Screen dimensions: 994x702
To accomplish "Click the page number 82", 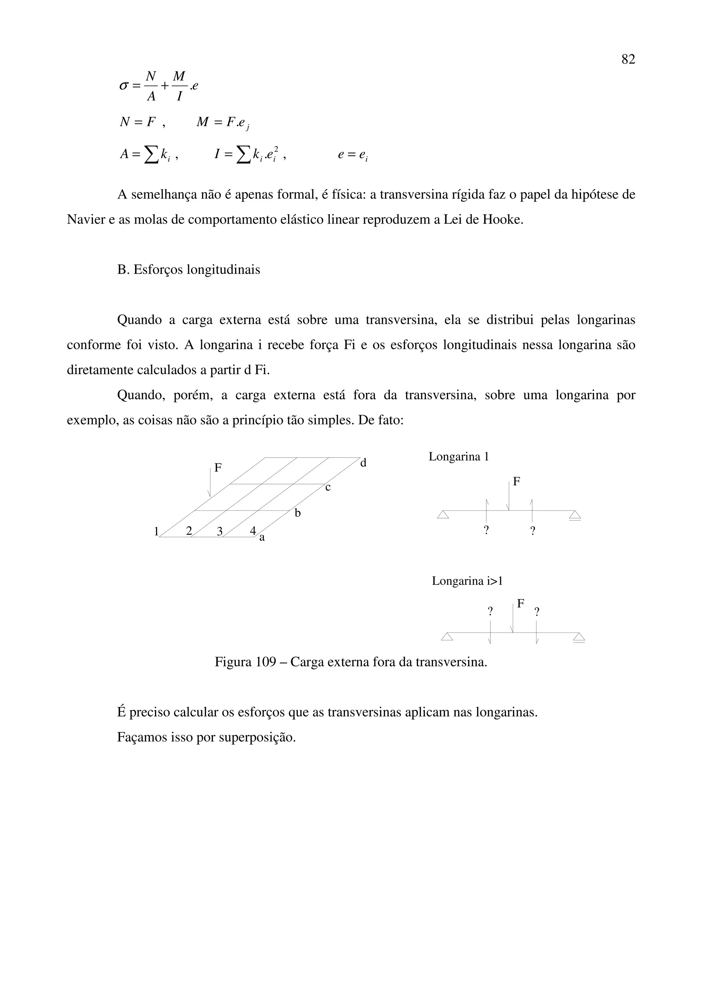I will click(x=628, y=59).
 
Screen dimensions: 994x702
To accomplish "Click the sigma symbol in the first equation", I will click(x=124, y=86).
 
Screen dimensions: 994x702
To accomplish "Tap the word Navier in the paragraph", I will click(x=86, y=220).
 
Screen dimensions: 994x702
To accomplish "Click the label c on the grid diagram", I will click(x=328, y=488).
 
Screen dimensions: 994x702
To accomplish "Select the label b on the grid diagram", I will click(x=298, y=513).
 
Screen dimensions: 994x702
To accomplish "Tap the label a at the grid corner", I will click(x=262, y=538).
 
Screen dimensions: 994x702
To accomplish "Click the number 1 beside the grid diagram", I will click(x=157, y=531).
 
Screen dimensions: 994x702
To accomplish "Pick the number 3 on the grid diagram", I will click(x=220, y=531).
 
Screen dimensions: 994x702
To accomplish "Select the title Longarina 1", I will click(x=459, y=457).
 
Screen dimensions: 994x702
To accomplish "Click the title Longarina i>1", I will click(x=467, y=581).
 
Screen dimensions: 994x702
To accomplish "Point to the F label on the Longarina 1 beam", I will click(x=517, y=482).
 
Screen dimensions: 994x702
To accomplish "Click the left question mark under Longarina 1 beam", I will click(x=487, y=531).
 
